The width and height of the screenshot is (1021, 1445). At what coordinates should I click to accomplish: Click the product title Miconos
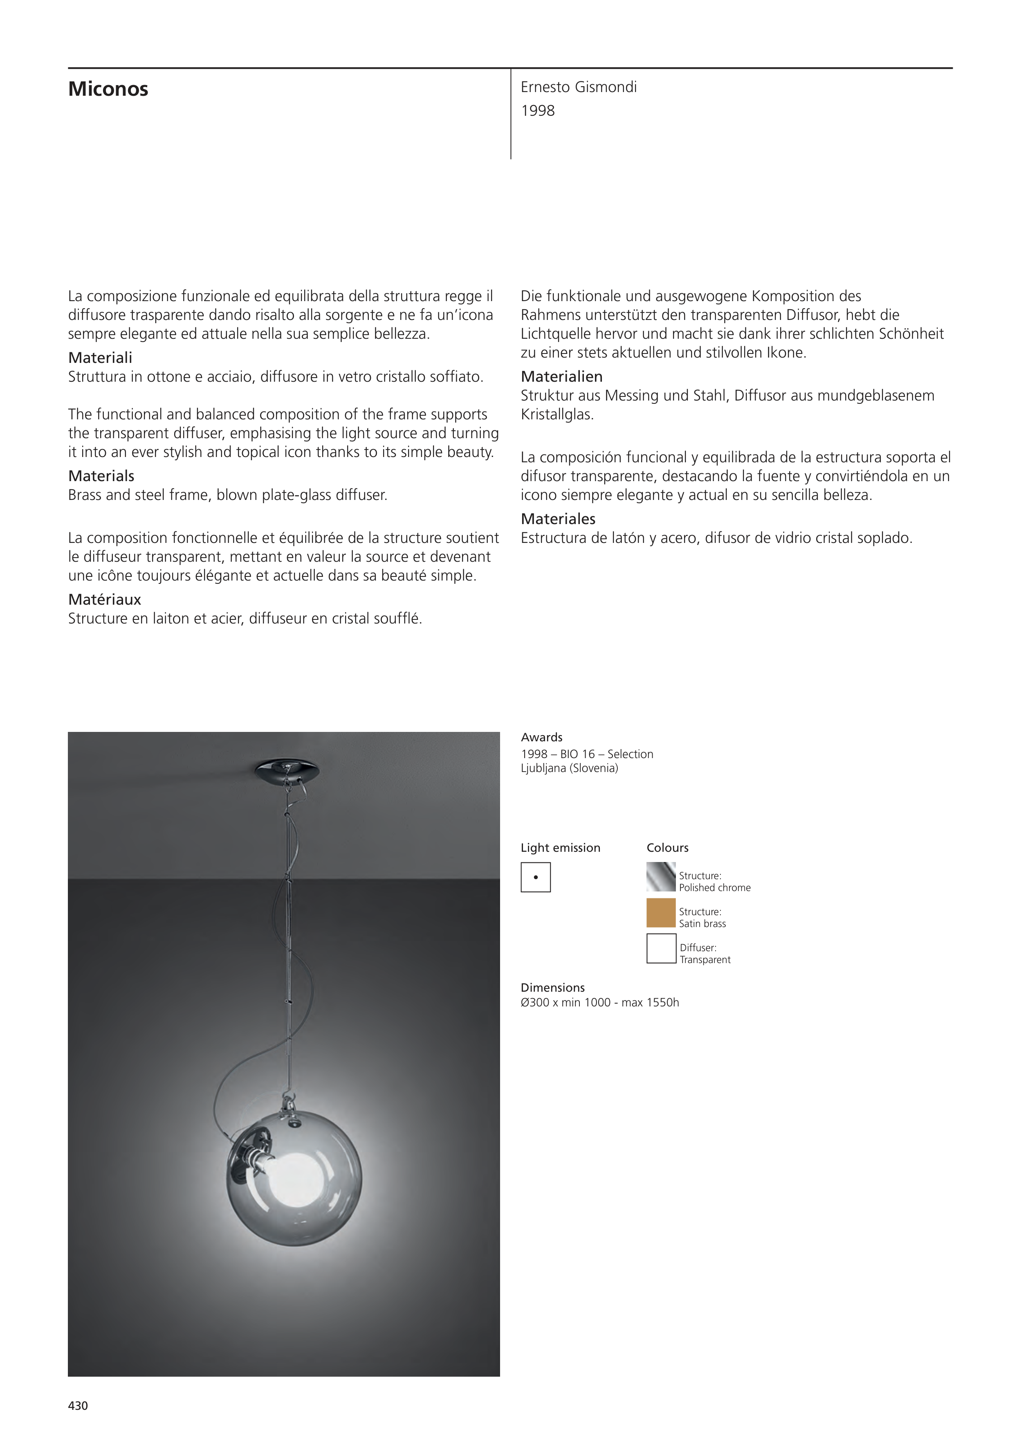[x=108, y=89]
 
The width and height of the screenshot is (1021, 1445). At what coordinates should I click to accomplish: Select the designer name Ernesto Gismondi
[x=578, y=87]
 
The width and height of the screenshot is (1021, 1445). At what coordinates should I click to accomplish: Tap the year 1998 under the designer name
[x=538, y=111]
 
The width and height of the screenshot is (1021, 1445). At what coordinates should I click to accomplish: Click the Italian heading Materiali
[x=100, y=358]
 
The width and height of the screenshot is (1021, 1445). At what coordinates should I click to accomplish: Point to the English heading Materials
[x=101, y=476]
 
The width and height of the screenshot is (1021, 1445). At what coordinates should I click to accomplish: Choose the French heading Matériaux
[x=104, y=599]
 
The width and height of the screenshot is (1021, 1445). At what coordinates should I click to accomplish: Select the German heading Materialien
[x=561, y=376]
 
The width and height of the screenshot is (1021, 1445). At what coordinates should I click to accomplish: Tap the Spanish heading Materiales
[x=558, y=519]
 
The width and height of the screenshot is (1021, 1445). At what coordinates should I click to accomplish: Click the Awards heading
[x=542, y=737]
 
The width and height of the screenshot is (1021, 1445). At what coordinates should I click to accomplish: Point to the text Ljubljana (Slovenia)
[x=569, y=768]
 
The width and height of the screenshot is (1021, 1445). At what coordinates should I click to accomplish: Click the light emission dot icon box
[x=535, y=877]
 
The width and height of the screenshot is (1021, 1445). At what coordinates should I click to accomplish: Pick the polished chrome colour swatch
[x=660, y=877]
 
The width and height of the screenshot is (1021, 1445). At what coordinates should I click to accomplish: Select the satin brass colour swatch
[x=660, y=913]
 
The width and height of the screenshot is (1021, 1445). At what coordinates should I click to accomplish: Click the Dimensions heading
[x=552, y=988]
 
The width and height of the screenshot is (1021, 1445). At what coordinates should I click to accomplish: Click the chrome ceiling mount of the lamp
[x=287, y=770]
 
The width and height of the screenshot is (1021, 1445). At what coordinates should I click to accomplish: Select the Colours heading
[x=667, y=848]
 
